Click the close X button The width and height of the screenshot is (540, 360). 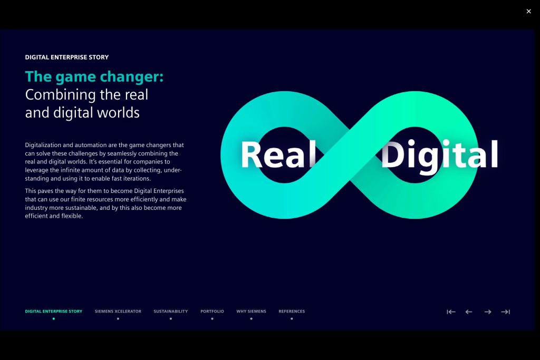click(x=528, y=12)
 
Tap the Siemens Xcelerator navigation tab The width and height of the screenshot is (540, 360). click(x=118, y=311)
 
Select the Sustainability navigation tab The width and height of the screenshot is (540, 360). click(x=171, y=311)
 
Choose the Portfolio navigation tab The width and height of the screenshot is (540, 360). click(x=212, y=311)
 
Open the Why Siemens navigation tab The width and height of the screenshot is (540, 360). click(x=251, y=311)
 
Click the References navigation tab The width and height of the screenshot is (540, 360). click(x=292, y=311)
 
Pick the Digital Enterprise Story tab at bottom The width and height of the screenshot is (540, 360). click(x=54, y=311)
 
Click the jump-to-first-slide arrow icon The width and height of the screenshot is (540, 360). click(x=451, y=312)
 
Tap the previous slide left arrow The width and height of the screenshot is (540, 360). click(x=469, y=312)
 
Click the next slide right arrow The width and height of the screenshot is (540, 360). click(x=488, y=312)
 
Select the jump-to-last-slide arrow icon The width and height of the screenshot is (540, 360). click(x=506, y=312)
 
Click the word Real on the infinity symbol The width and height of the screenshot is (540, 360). click(x=278, y=154)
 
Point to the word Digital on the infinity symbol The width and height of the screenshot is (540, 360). click(x=439, y=156)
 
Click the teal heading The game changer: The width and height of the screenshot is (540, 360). click(x=94, y=77)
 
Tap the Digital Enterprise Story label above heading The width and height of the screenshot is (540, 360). click(x=67, y=57)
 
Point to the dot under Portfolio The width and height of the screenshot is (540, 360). click(x=212, y=319)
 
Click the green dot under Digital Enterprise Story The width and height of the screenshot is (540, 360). click(x=54, y=319)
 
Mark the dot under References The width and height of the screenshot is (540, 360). click(x=292, y=319)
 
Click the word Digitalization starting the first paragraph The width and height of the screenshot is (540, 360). click(x=43, y=145)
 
